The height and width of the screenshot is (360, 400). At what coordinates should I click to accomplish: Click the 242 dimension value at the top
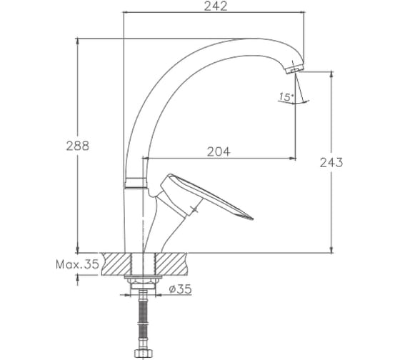click(x=216, y=6)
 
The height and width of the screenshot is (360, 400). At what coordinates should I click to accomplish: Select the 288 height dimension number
click(x=78, y=146)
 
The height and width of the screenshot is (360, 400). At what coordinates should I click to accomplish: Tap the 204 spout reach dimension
click(x=219, y=151)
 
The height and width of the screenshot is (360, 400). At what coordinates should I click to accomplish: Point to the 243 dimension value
click(x=331, y=163)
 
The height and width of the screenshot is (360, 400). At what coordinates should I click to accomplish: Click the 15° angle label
click(x=286, y=97)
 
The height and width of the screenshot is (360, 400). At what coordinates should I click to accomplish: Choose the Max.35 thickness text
click(x=77, y=264)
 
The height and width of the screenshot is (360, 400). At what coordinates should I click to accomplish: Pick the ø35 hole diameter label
click(x=180, y=289)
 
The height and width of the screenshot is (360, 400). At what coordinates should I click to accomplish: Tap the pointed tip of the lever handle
click(x=252, y=219)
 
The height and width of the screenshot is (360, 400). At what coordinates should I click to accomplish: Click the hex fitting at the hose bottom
click(x=144, y=353)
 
